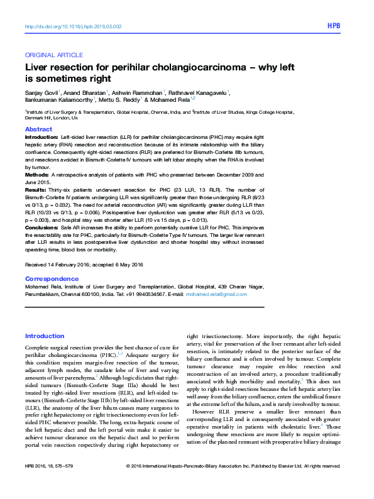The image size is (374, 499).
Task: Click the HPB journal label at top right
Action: point(334,27)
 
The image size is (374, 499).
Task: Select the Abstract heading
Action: point(38,128)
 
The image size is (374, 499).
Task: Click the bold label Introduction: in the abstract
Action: point(41,136)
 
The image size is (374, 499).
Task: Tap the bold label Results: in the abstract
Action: point(36,189)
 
